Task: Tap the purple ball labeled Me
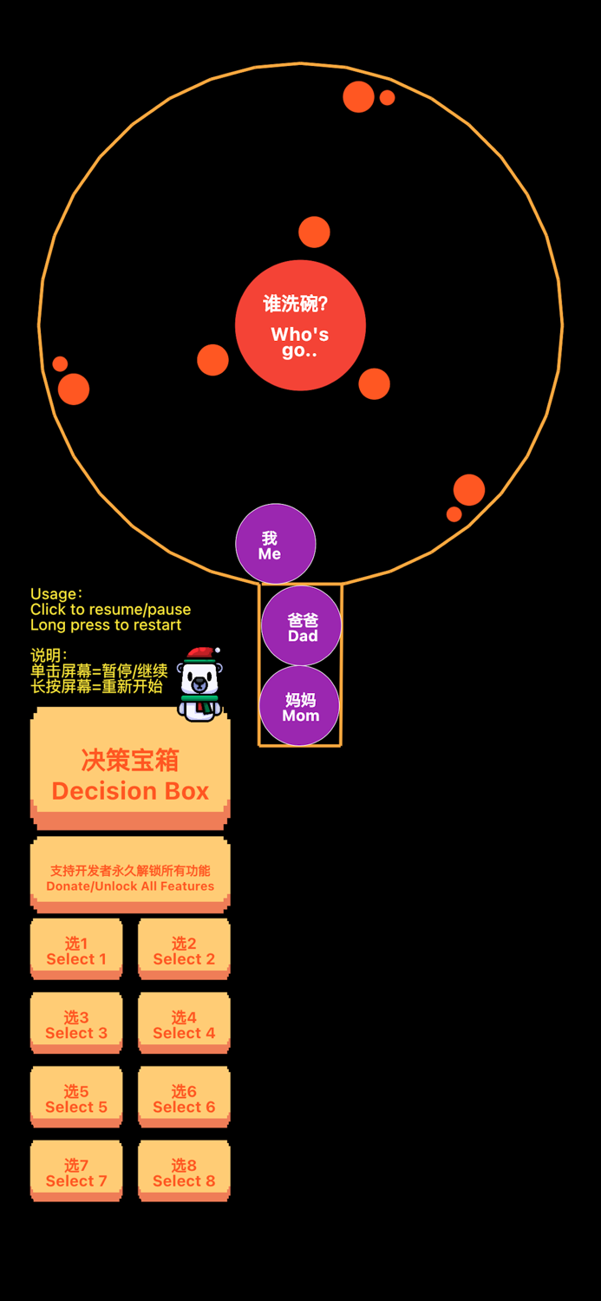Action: click(x=276, y=545)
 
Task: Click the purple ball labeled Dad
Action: click(x=302, y=626)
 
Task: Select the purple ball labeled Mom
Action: click(x=300, y=706)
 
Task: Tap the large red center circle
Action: click(x=300, y=325)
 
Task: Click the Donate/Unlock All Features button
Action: click(x=130, y=875)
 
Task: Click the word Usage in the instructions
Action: click(x=54, y=594)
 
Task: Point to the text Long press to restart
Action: click(x=106, y=624)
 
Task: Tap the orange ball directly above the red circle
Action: click(x=314, y=232)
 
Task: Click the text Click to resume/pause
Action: click(x=110, y=610)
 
